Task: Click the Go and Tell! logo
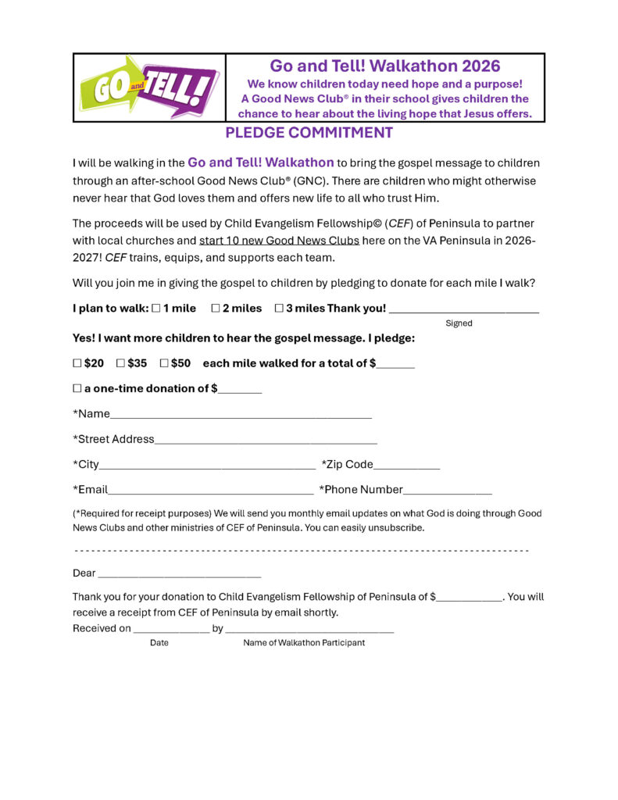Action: click(149, 88)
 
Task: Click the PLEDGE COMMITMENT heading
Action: click(309, 133)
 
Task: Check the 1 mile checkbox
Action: click(156, 309)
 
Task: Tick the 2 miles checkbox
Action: click(216, 309)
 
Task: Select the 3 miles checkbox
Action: click(279, 309)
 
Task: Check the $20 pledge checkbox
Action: click(77, 363)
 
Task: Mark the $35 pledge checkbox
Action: click(120, 363)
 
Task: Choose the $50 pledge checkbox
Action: click(164, 363)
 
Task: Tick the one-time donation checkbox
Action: click(77, 388)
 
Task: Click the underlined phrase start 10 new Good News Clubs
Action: click(279, 241)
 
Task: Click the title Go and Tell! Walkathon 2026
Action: click(385, 66)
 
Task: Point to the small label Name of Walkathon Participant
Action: click(304, 643)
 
